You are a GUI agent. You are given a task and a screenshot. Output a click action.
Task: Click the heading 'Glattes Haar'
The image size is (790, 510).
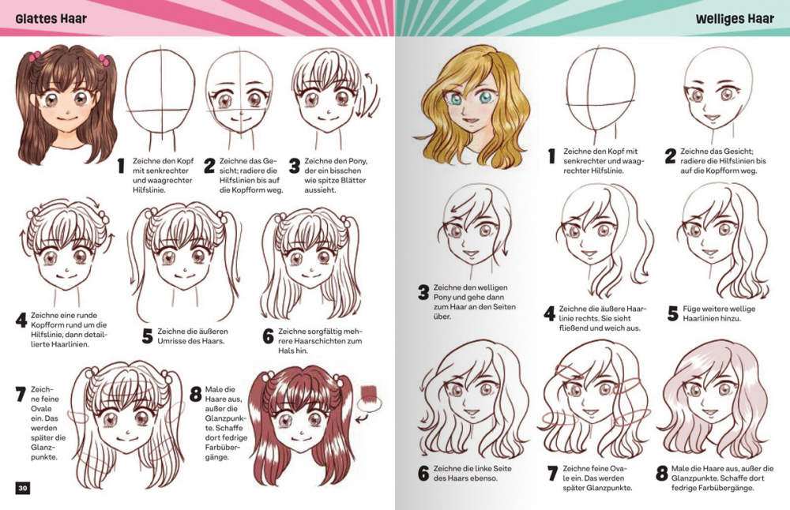[x=51, y=19]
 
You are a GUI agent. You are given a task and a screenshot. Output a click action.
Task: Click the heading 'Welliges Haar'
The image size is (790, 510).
[x=735, y=19]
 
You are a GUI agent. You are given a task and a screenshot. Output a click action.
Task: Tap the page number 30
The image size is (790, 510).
[x=23, y=488]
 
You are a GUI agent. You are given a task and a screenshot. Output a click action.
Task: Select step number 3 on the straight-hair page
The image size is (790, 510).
[x=295, y=166]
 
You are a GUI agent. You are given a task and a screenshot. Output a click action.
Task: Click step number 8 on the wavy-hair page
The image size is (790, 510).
[x=662, y=473]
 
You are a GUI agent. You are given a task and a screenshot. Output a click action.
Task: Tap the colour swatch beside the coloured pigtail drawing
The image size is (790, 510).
[x=370, y=392]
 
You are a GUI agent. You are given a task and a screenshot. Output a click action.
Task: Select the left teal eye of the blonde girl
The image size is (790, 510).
[x=455, y=99]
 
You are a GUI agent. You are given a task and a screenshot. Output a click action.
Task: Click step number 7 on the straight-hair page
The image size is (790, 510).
[x=21, y=394]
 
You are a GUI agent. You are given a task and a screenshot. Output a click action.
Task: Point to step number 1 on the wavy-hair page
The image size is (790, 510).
[x=551, y=156]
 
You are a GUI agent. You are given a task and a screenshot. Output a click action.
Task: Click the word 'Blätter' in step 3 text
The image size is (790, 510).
[x=352, y=180]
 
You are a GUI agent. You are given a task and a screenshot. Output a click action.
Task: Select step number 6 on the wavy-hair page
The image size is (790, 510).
[x=423, y=473]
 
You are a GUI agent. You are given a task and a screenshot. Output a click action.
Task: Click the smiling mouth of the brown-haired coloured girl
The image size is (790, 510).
[x=65, y=118]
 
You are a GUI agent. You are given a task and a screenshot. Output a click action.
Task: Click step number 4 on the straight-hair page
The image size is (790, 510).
[x=21, y=321]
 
